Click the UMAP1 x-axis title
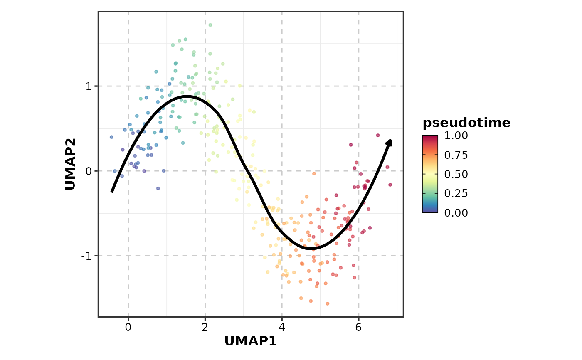pos(250,341)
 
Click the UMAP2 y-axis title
pos(71,164)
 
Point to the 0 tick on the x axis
pos(128,328)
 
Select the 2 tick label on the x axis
pos(205,328)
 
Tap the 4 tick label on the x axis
pos(282,328)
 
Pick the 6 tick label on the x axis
pos(359,328)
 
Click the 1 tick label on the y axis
pos(89,86)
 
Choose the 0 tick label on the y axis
pos(89,171)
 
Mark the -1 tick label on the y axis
pos(87,256)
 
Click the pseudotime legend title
pos(466,123)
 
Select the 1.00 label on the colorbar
pos(456,136)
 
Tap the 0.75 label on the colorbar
pos(456,155)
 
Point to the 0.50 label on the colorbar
pos(456,174)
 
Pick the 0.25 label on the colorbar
pos(456,193)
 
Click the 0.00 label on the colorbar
pos(456,212)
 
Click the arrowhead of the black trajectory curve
pos(390,143)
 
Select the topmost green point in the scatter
pos(210,25)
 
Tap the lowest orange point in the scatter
pos(327,303)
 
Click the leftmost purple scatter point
pos(111,137)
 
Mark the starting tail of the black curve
pos(111,192)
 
